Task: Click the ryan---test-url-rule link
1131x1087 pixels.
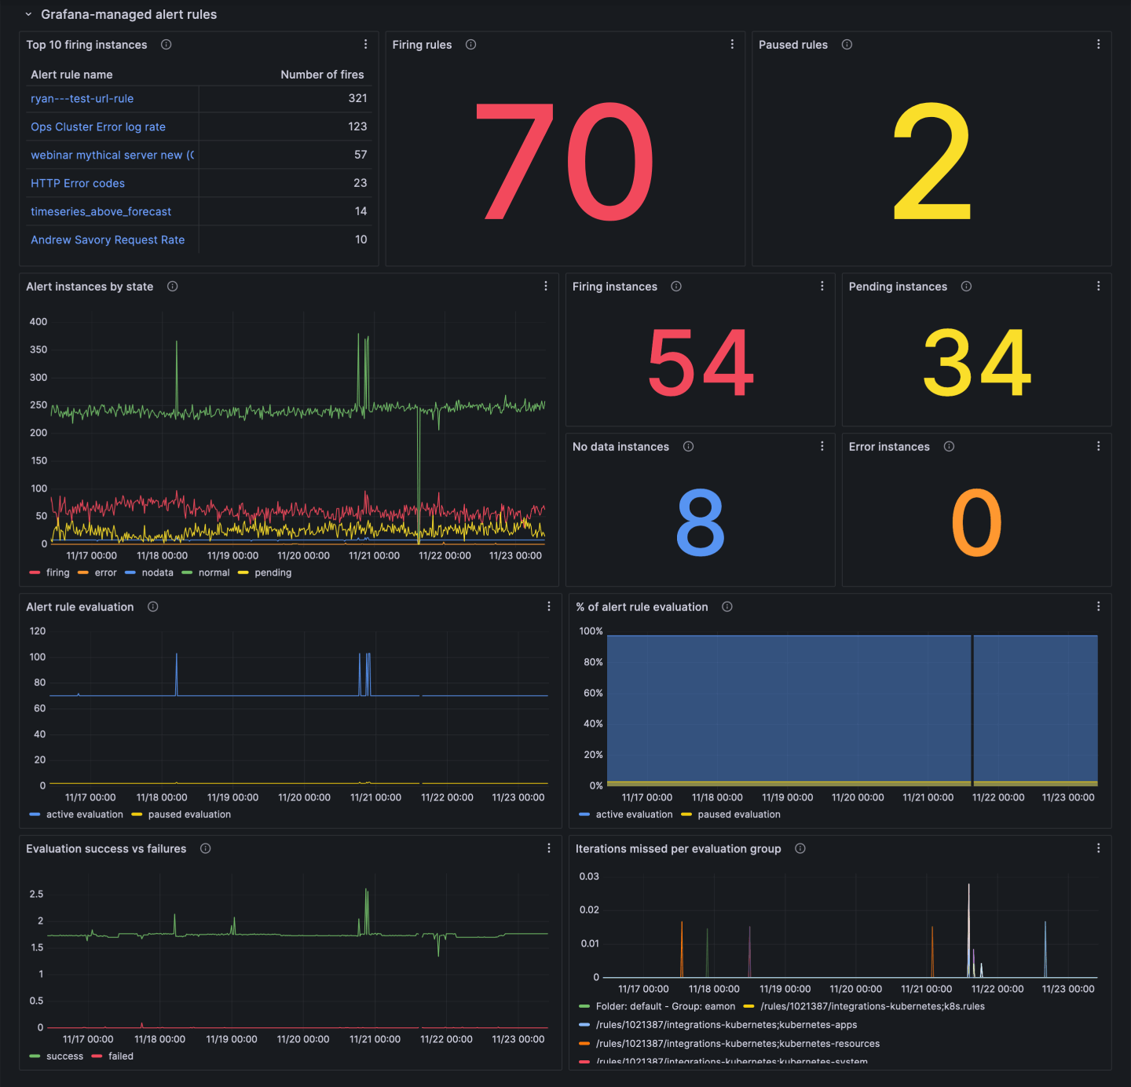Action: click(82, 99)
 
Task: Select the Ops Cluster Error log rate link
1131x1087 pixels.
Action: click(98, 127)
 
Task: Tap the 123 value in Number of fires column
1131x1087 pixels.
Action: click(357, 126)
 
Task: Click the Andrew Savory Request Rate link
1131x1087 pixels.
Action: click(108, 240)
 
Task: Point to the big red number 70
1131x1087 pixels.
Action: click(564, 163)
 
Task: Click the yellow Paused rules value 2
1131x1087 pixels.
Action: click(932, 163)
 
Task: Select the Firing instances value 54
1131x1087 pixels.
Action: click(700, 363)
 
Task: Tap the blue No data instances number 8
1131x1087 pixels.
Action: click(700, 522)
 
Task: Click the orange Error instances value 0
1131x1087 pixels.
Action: click(976, 522)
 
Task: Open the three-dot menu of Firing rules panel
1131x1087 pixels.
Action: click(732, 45)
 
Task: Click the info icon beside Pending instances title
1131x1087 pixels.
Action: click(966, 287)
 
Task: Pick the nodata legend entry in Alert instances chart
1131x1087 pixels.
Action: click(157, 573)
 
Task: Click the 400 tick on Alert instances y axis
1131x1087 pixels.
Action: click(38, 322)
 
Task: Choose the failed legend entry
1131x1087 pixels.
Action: click(120, 1056)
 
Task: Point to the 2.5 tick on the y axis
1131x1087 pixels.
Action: click(36, 895)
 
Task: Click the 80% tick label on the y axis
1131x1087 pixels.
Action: click(593, 662)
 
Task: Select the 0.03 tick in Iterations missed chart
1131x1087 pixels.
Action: click(589, 877)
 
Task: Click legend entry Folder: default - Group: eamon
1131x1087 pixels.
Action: click(665, 1007)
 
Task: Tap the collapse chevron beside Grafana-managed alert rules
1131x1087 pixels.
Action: click(28, 15)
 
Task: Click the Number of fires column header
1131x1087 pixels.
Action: click(322, 75)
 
